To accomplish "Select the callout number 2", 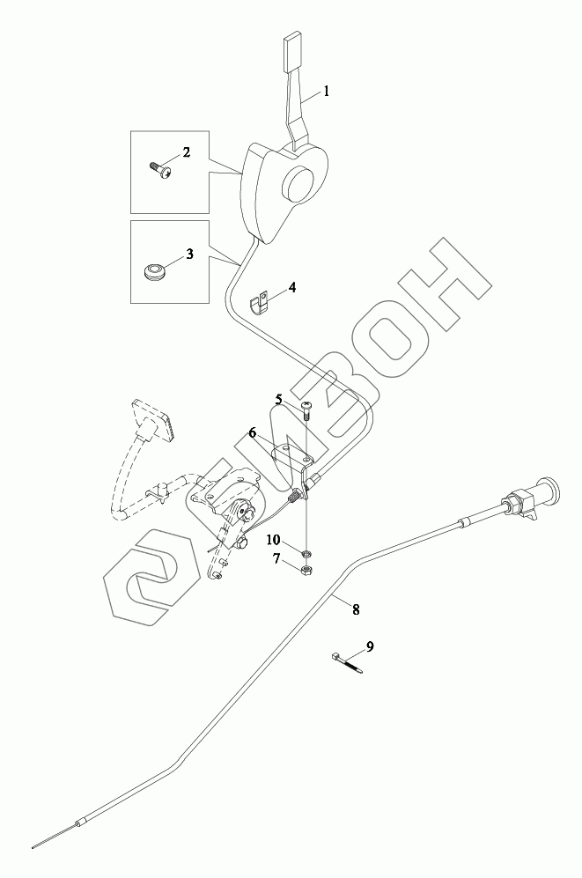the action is pos(186,152).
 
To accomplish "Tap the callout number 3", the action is pos(188,255).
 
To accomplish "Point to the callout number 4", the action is pos(292,287).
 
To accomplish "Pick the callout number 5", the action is pos(278,399).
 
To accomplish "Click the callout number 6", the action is pos(252,432).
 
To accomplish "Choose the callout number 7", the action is pos(276,558).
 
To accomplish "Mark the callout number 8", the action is pos(356,608).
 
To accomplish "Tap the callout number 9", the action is pos(370,646).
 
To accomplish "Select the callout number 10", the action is pos(274,539).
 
